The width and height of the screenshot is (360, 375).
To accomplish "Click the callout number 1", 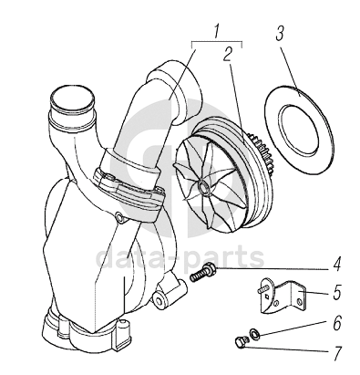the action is pyautogui.click(x=216, y=32).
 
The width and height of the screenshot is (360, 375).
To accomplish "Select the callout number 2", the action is pyautogui.click(x=227, y=54).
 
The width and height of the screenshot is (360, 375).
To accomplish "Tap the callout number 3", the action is pyautogui.click(x=280, y=34).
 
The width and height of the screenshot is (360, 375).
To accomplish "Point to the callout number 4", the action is pyautogui.click(x=336, y=265).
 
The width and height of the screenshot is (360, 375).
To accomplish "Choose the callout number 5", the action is pyautogui.click(x=337, y=292).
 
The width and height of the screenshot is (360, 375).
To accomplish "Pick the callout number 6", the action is pyautogui.click(x=337, y=323).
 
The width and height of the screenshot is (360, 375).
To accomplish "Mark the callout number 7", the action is pyautogui.click(x=337, y=353).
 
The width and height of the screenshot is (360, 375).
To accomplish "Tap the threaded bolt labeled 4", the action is pyautogui.click(x=203, y=272).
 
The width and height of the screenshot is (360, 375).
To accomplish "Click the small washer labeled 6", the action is pyautogui.click(x=253, y=334).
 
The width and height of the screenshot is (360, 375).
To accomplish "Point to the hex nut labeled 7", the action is pyautogui.click(x=241, y=341).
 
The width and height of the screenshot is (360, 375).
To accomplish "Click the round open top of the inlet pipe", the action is pyautogui.click(x=72, y=98).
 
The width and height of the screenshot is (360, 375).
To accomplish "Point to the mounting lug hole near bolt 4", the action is pyautogui.click(x=159, y=298).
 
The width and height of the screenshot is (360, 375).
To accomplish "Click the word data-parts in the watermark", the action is pyautogui.click(x=180, y=258).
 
